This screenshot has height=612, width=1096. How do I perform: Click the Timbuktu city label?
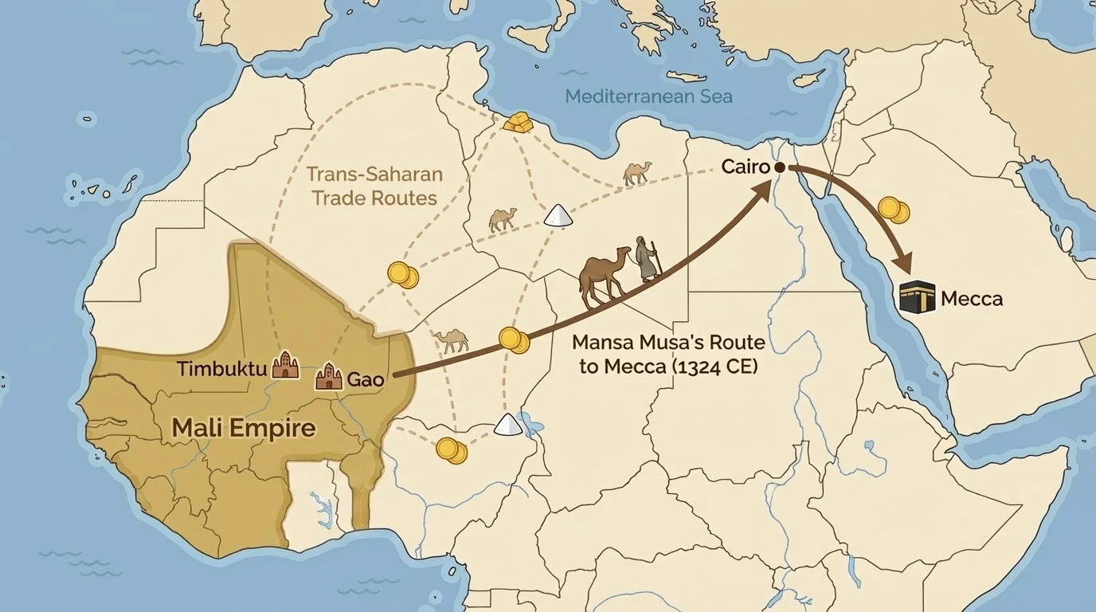pyautogui.click(x=221, y=370)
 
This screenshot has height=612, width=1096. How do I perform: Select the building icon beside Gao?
pyautogui.click(x=328, y=376)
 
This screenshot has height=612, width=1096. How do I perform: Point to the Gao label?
pyautogui.click(x=366, y=379)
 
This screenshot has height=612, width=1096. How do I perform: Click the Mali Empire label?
pyautogui.click(x=244, y=428)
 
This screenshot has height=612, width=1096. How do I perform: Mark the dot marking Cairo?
pyautogui.click(x=780, y=167)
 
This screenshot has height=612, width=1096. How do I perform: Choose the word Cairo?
pyautogui.click(x=746, y=167)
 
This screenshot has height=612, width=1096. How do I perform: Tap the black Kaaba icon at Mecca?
pyautogui.click(x=916, y=297)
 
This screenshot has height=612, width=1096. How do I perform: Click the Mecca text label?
pyautogui.click(x=971, y=300)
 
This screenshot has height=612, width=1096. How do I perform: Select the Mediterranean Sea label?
pyautogui.click(x=648, y=96)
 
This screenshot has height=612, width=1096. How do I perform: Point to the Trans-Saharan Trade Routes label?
pyautogui.click(x=374, y=186)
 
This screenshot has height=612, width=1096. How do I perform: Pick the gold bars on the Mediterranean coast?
pyautogui.click(x=517, y=122)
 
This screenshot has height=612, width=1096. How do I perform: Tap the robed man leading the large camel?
pyautogui.click(x=648, y=260)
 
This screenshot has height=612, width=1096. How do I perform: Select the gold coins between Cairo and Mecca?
pyautogui.click(x=893, y=210)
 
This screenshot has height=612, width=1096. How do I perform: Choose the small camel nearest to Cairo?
pyautogui.click(x=637, y=173)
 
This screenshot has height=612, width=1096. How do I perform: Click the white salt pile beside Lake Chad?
pyautogui.click(x=507, y=424)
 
